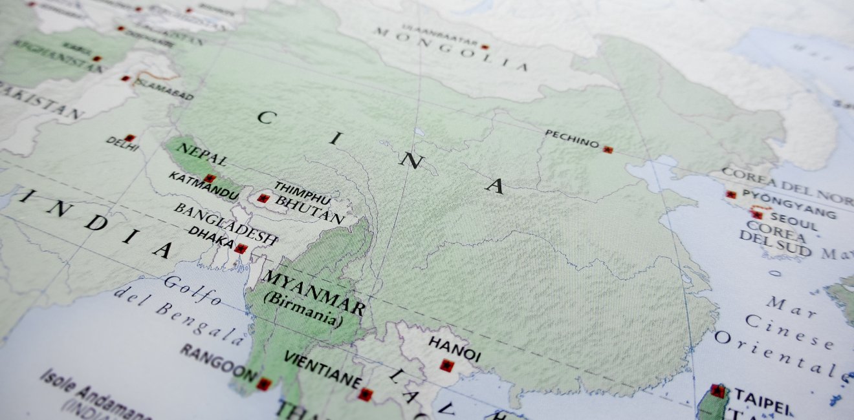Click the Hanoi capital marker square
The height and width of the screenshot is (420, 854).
[x=446, y=365]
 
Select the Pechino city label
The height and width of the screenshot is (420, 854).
[x=572, y=138]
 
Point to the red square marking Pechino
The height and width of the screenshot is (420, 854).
[x=608, y=149]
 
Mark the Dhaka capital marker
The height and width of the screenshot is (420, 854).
[x=241, y=249]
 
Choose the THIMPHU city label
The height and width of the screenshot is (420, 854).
[x=302, y=193]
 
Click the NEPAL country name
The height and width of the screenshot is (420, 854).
[x=201, y=154]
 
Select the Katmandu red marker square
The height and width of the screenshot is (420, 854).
[x=208, y=178]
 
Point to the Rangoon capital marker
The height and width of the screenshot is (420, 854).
[x=263, y=384]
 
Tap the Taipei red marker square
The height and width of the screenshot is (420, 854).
[x=717, y=390]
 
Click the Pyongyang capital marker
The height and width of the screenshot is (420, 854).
[x=731, y=194]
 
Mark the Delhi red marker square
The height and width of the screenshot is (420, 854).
[x=129, y=138]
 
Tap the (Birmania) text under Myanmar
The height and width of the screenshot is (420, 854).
[x=303, y=309]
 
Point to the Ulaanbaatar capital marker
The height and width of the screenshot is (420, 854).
[x=485, y=47]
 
